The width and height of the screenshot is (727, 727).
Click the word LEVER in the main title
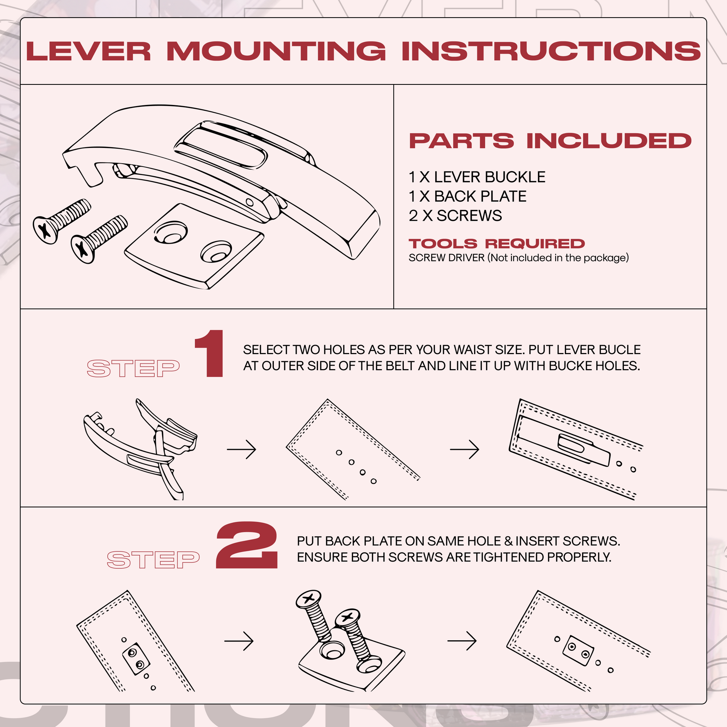[89, 51]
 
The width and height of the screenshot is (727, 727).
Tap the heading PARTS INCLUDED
[550, 141]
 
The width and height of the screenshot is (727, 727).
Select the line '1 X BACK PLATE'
[467, 197]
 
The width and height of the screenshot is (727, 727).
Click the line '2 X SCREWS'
[455, 216]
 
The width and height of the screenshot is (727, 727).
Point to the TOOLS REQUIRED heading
[496, 244]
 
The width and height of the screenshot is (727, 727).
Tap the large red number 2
[247, 546]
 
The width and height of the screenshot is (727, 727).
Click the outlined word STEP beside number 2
[153, 560]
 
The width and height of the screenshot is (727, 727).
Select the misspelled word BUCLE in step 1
[619, 350]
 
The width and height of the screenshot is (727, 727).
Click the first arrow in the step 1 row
[242, 449]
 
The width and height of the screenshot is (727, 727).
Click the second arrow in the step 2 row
[462, 641]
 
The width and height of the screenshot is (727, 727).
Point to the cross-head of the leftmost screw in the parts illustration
[45, 230]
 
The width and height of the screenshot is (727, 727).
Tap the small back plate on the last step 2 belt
[578, 650]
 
